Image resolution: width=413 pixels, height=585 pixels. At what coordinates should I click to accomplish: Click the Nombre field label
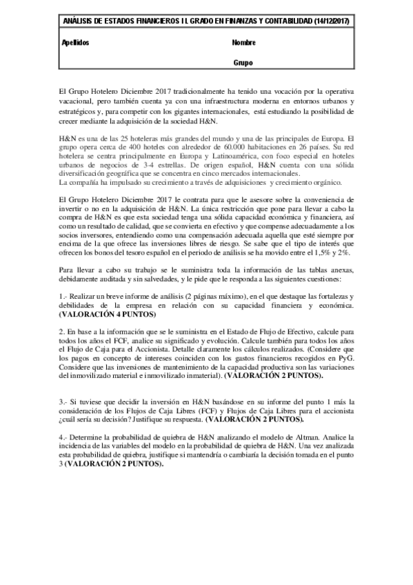point(244,43)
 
